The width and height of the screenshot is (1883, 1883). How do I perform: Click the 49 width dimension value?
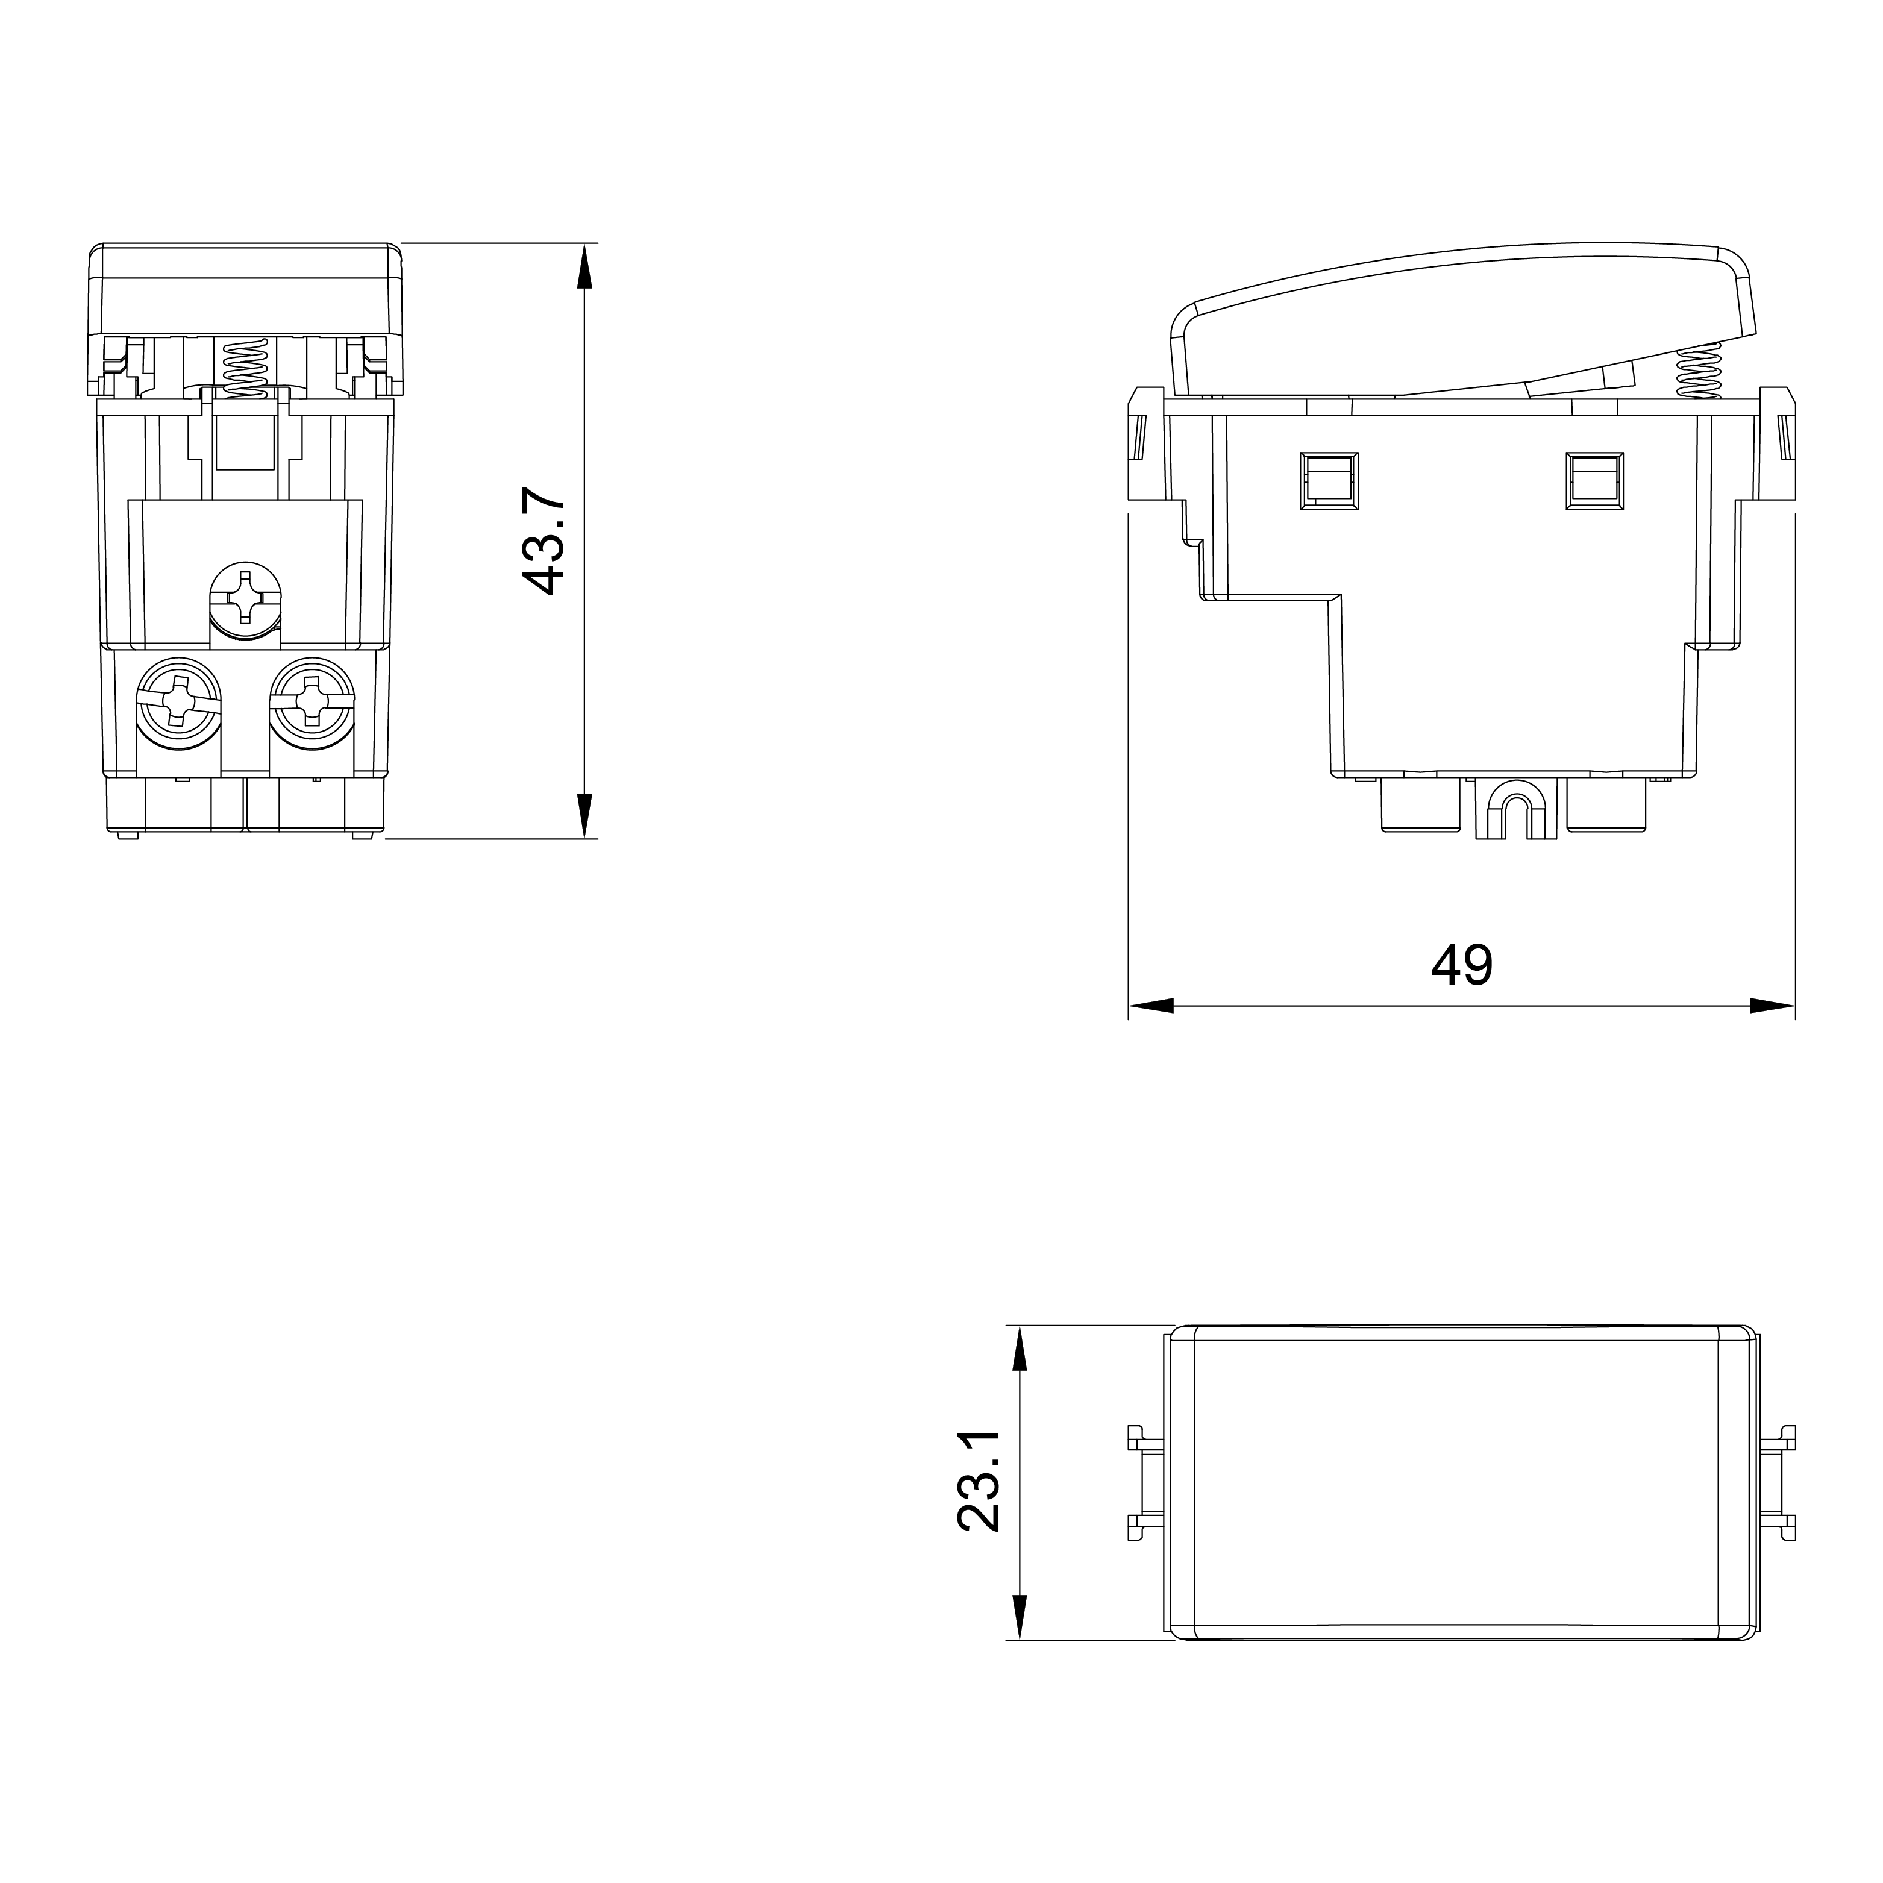[1462, 965]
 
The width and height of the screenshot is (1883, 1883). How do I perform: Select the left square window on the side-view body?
[1329, 480]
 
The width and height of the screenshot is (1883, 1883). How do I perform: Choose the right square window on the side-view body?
[1594, 480]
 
